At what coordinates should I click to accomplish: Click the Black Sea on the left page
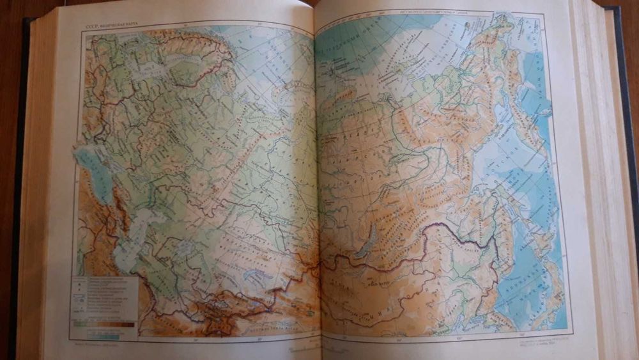(x=90, y=162)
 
